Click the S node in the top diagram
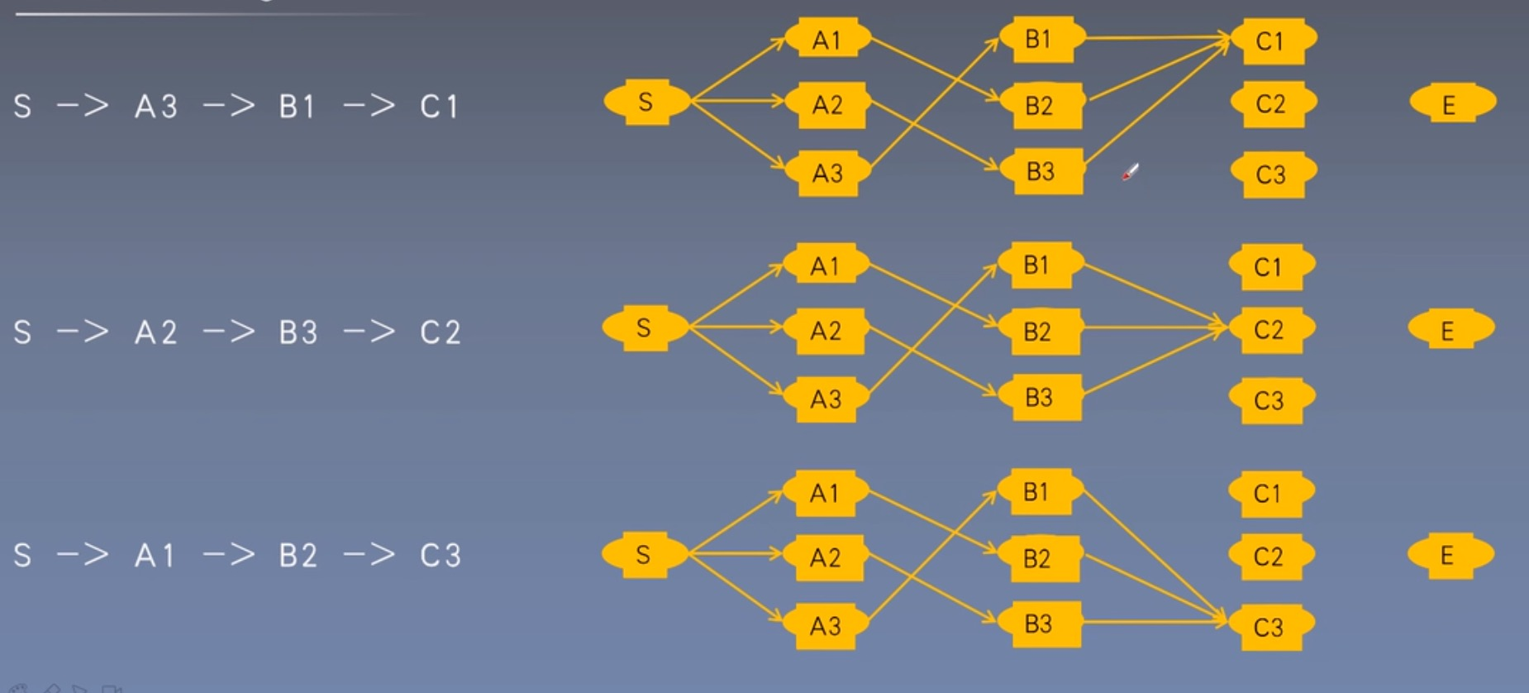[646, 102]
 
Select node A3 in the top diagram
[827, 173]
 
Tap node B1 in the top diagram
[1038, 39]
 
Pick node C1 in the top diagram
[1270, 41]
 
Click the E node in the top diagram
[1450, 104]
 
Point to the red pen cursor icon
[1130, 172]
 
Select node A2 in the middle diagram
[826, 331]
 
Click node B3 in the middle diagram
[1039, 398]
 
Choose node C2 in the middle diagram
[1269, 330]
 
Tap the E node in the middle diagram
[1449, 331]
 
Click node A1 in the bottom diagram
[825, 493]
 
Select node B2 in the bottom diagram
[1037, 558]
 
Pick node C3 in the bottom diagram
[1269, 627]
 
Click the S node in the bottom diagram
[644, 554]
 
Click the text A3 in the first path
[156, 107]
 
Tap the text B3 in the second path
[298, 332]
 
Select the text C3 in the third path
[440, 555]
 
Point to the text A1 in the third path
[155, 555]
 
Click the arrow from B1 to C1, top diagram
[1157, 38]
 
